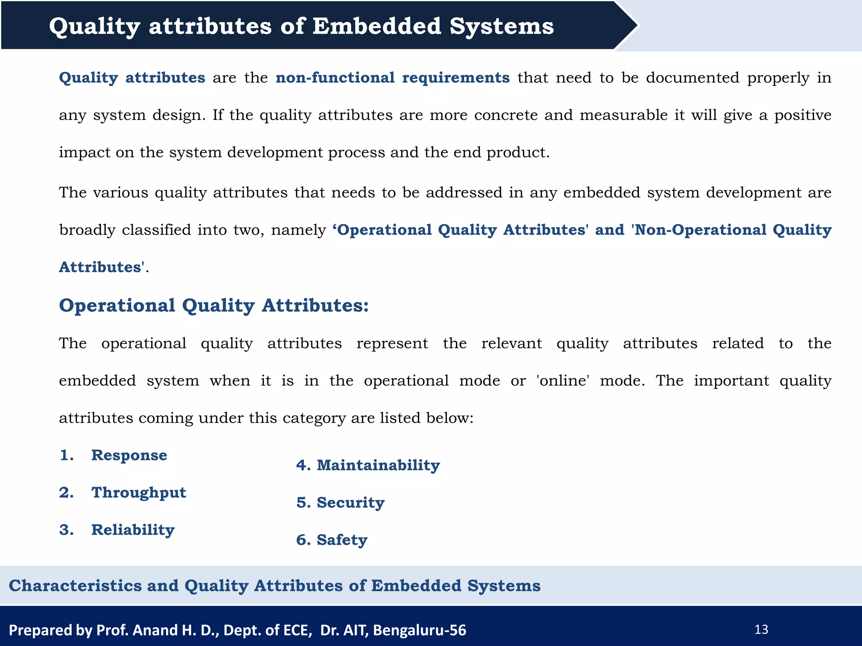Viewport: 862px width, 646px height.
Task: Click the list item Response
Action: pos(129,455)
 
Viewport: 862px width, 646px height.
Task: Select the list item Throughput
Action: pos(138,493)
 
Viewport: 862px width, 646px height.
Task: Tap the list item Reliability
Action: pos(133,530)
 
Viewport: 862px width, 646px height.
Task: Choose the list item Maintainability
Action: pos(378,466)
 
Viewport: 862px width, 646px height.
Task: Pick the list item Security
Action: pos(350,503)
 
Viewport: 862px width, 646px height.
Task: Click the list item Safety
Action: pos(342,540)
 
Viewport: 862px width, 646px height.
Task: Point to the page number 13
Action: pos(761,630)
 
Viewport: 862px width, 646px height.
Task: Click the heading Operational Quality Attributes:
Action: pos(214,306)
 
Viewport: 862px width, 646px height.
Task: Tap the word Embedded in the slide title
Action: pos(377,26)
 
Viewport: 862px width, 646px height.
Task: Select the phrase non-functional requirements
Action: pos(392,78)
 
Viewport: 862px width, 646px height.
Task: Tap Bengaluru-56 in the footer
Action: pos(419,630)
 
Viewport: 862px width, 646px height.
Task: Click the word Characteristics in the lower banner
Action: pos(75,586)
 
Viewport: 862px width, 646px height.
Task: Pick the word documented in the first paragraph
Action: pos(692,78)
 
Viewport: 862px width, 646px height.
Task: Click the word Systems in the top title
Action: pos(502,26)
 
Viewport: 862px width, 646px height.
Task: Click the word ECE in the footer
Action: pos(298,630)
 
